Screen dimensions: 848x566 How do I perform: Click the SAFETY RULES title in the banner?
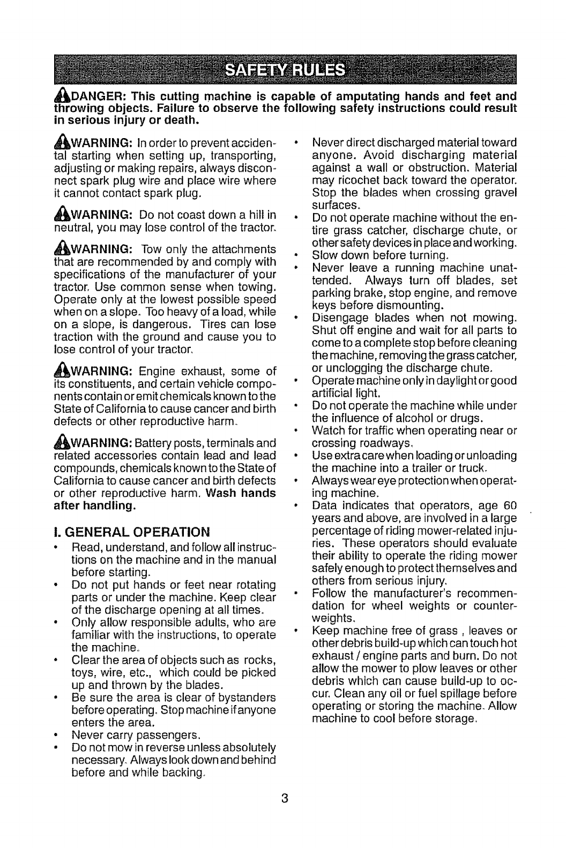click(283, 70)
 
